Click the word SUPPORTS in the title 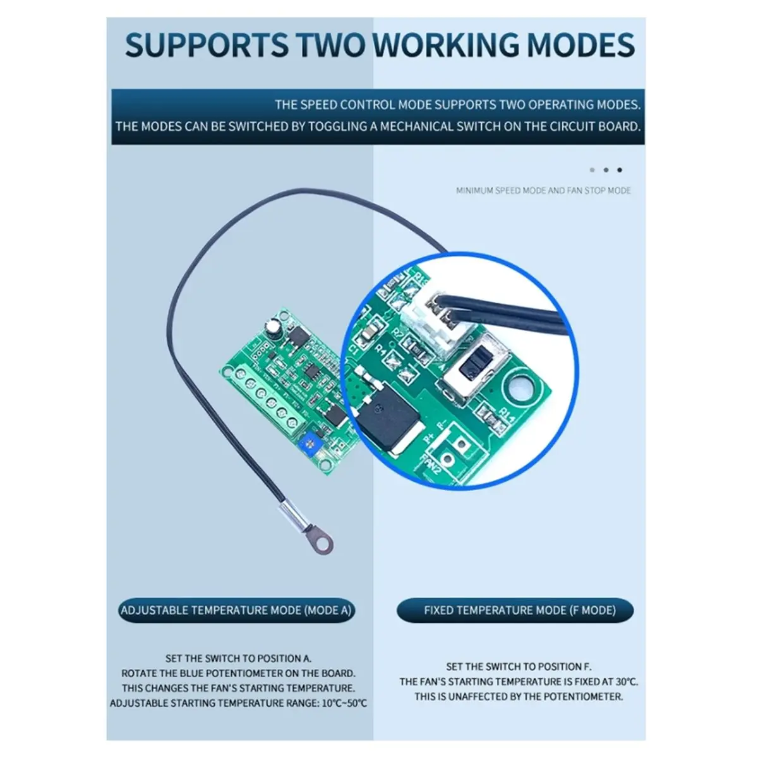[x=207, y=44]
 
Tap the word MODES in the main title [x=581, y=44]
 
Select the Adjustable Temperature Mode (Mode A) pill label [x=236, y=610]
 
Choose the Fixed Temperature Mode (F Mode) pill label [x=515, y=610]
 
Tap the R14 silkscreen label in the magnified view [x=505, y=414]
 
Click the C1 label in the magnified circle [x=353, y=347]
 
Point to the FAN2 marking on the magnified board [x=431, y=465]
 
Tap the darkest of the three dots [x=620, y=170]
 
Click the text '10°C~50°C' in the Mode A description [x=344, y=703]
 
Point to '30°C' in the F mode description [x=627, y=682]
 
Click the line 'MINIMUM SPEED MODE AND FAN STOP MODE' [x=543, y=191]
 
